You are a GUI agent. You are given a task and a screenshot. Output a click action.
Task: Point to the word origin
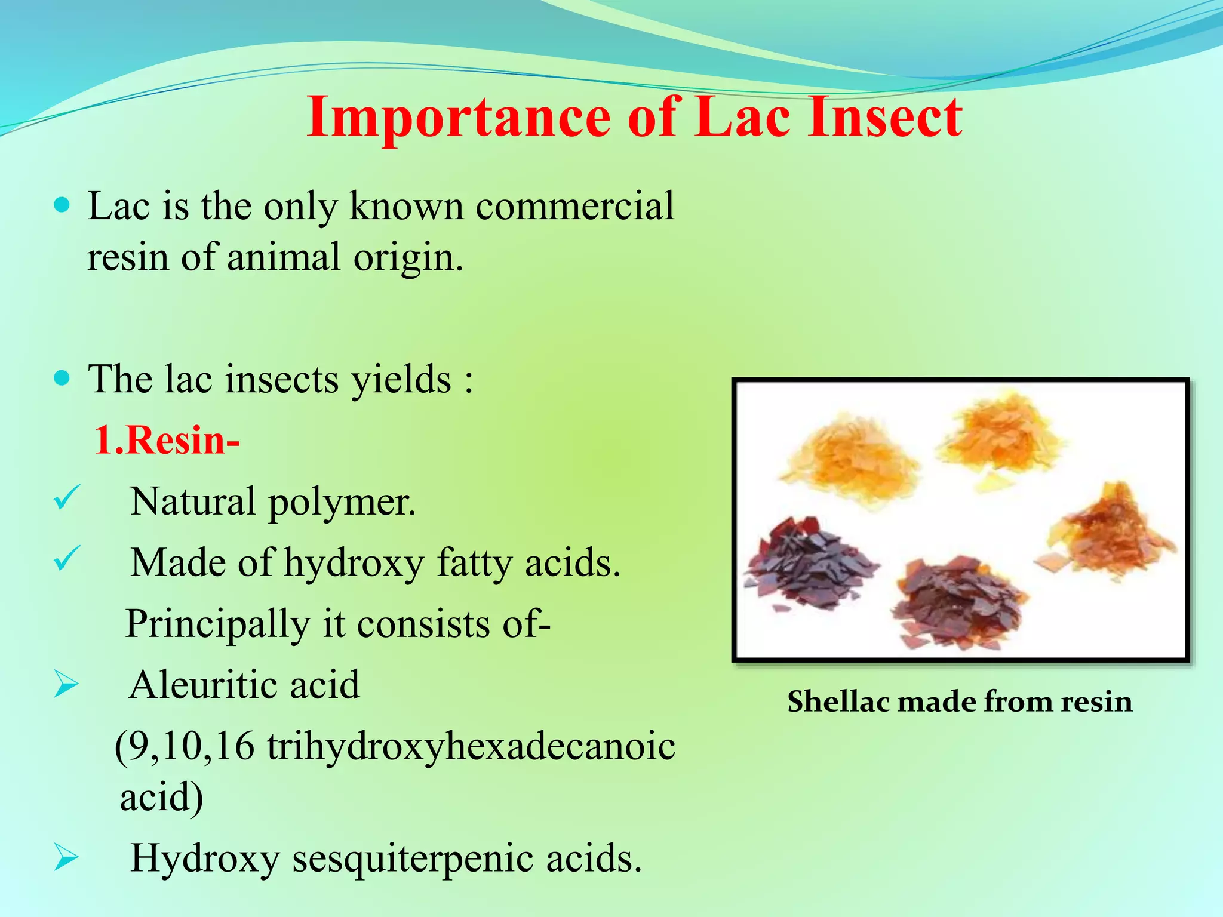point(408,259)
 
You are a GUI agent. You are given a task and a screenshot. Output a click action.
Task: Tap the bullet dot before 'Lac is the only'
point(62,206)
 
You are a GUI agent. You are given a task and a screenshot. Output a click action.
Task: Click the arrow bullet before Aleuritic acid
point(66,684)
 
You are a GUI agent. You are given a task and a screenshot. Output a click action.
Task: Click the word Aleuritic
point(203,685)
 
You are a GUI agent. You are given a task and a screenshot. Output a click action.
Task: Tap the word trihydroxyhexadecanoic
point(471,747)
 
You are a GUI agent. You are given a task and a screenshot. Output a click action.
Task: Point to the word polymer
point(342,502)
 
